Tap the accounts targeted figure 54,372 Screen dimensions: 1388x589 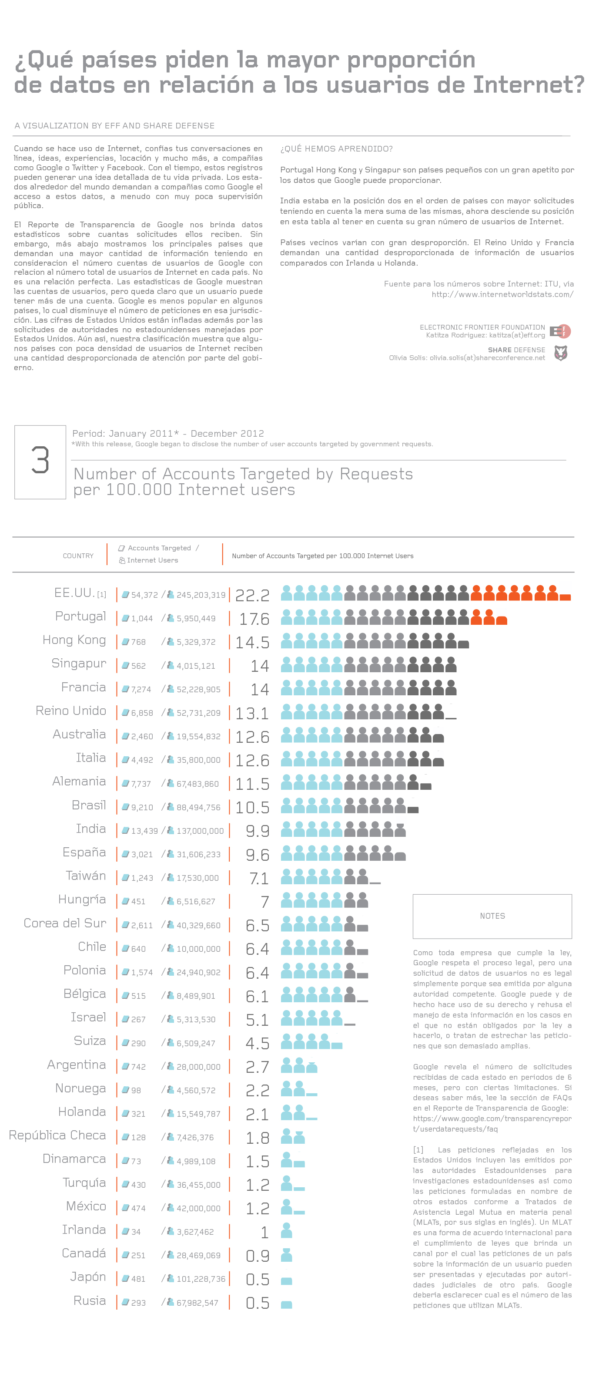(144, 595)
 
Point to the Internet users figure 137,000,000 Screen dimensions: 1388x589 (200, 831)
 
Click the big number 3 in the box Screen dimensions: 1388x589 (40, 461)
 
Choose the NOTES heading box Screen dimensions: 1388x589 (492, 916)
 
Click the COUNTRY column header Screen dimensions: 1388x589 (78, 556)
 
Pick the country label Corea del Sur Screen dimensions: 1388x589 (65, 923)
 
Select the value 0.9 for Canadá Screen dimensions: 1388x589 (258, 1256)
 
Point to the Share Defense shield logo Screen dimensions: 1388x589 (560, 353)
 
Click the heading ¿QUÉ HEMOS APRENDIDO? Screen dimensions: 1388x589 (337, 149)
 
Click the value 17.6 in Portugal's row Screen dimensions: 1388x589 (254, 619)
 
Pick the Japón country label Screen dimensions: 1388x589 (88, 1277)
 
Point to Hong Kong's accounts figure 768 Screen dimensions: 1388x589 (138, 642)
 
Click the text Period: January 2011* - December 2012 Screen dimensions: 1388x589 (168, 433)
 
